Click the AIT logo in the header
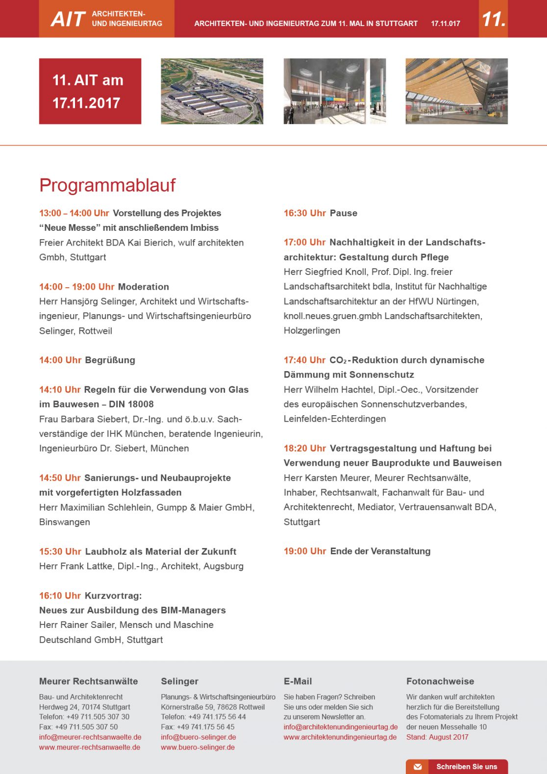tap(68, 19)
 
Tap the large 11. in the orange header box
tap(493, 19)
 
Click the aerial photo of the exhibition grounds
tap(212, 91)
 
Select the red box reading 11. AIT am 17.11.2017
tap(90, 91)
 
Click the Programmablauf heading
tap(107, 185)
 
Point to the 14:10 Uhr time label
tap(60, 390)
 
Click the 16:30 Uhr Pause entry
tap(321, 213)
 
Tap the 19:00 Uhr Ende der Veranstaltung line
tap(357, 551)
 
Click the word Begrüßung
tap(110, 360)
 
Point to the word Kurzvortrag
tap(113, 596)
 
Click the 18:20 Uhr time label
tap(305, 449)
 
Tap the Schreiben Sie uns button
tap(457, 767)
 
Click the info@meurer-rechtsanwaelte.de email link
tap(90, 737)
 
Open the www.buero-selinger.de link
tap(198, 748)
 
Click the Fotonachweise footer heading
tap(440, 681)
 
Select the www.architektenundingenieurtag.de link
tap(340, 737)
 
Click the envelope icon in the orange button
tap(418, 767)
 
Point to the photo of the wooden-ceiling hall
tap(456, 91)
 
